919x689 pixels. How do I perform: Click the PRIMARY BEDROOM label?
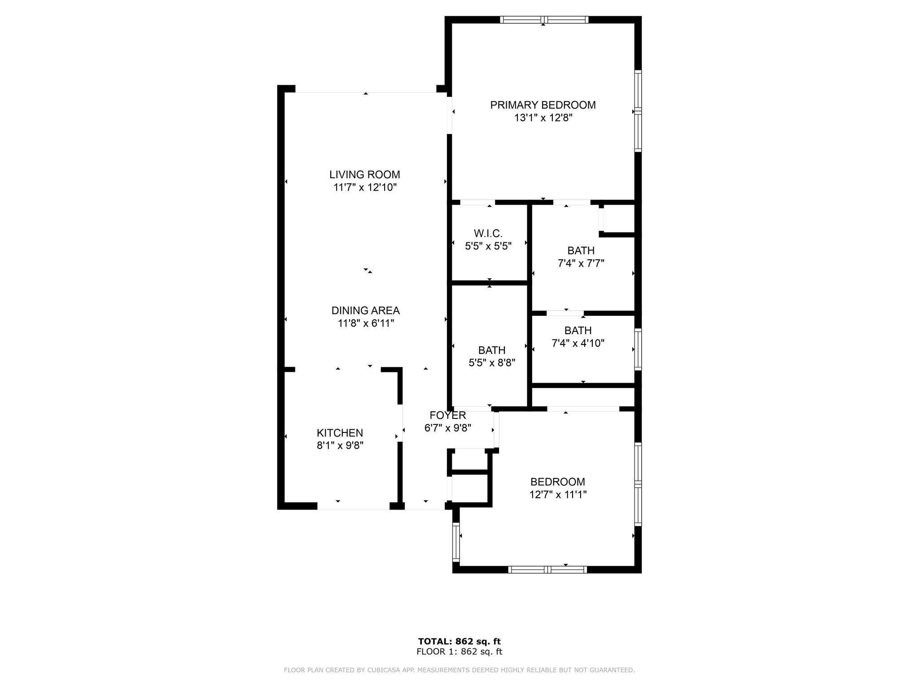(x=543, y=105)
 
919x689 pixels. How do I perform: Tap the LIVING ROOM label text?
(x=364, y=174)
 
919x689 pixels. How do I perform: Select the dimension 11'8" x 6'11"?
(x=366, y=323)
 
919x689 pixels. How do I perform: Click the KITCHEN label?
(x=340, y=433)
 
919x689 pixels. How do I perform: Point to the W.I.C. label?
(x=488, y=233)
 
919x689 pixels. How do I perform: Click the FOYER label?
(x=447, y=415)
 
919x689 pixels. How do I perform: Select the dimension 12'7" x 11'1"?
(x=558, y=495)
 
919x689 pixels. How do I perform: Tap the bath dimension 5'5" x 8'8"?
(x=492, y=363)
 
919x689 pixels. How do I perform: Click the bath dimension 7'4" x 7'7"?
(x=581, y=264)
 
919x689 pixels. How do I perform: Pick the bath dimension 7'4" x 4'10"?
(x=578, y=344)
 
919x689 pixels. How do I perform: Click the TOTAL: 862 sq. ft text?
(x=459, y=641)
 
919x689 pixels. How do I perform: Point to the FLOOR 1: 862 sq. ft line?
(x=459, y=652)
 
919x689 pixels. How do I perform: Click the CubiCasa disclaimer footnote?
(x=459, y=670)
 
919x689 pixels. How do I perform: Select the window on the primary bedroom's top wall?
(x=543, y=19)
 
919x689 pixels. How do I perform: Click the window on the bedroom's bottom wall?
(x=547, y=570)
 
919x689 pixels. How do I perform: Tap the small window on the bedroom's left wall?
(x=456, y=542)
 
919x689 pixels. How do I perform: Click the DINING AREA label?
(x=365, y=310)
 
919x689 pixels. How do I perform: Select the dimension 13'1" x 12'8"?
(x=543, y=118)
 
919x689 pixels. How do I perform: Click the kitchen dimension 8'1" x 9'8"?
(x=340, y=445)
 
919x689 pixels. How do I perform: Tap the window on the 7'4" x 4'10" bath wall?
(x=638, y=349)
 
